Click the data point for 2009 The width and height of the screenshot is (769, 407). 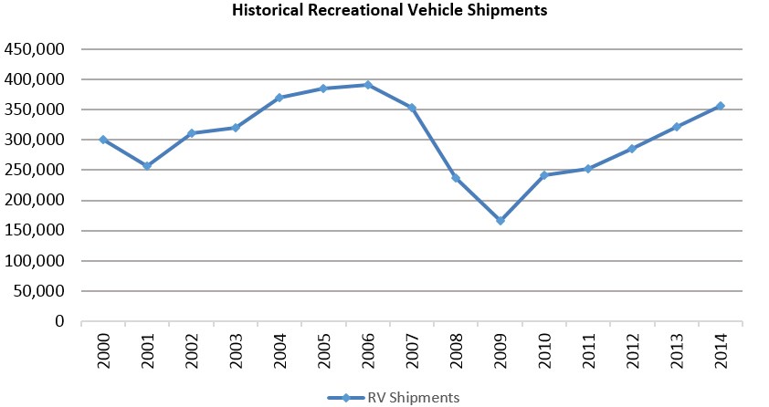click(x=500, y=221)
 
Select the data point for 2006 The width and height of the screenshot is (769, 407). click(x=368, y=85)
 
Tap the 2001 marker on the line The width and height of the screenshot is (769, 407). click(x=147, y=166)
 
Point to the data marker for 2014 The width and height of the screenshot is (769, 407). click(x=720, y=106)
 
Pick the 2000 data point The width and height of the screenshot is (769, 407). click(x=103, y=140)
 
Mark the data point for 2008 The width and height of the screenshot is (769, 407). click(x=456, y=178)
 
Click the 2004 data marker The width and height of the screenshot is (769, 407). click(x=279, y=98)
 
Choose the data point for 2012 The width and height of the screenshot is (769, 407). click(x=632, y=149)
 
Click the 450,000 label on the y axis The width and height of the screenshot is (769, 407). click(x=35, y=49)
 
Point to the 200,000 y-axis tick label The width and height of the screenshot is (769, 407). click(x=35, y=201)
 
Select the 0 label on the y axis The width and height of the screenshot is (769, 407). click(x=60, y=322)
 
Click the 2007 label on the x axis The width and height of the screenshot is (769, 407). click(x=412, y=350)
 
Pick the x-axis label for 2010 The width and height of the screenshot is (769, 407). click(x=544, y=350)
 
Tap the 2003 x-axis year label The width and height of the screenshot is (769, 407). click(x=236, y=350)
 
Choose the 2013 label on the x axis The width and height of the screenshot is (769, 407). click(x=676, y=350)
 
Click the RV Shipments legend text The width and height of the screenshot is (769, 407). click(x=414, y=397)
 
